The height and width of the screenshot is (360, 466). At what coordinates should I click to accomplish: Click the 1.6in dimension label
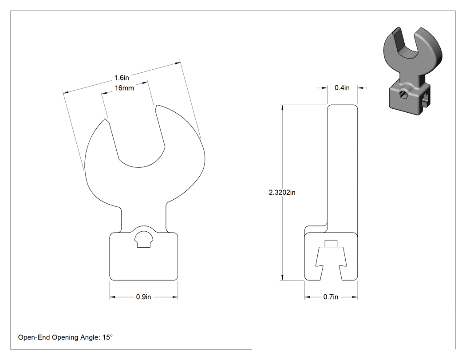122,78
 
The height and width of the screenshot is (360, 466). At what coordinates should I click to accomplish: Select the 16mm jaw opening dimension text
124,88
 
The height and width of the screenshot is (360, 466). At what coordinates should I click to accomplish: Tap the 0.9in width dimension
143,297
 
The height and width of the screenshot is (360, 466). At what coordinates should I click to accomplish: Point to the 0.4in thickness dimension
342,88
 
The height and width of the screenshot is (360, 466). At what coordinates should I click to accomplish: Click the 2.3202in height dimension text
282,193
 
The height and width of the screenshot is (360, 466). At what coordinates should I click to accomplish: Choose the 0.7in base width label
331,297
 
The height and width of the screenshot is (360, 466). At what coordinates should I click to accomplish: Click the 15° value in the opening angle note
107,337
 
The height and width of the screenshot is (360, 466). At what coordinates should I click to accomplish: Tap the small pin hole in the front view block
144,239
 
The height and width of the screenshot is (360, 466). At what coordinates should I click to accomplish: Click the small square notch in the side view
331,243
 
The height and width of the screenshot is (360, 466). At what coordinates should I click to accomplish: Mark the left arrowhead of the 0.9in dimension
112,297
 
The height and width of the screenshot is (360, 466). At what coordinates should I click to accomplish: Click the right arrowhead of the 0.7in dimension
355,297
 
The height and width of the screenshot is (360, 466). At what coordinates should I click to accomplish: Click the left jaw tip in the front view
105,119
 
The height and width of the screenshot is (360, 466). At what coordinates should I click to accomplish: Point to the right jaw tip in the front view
156,106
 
